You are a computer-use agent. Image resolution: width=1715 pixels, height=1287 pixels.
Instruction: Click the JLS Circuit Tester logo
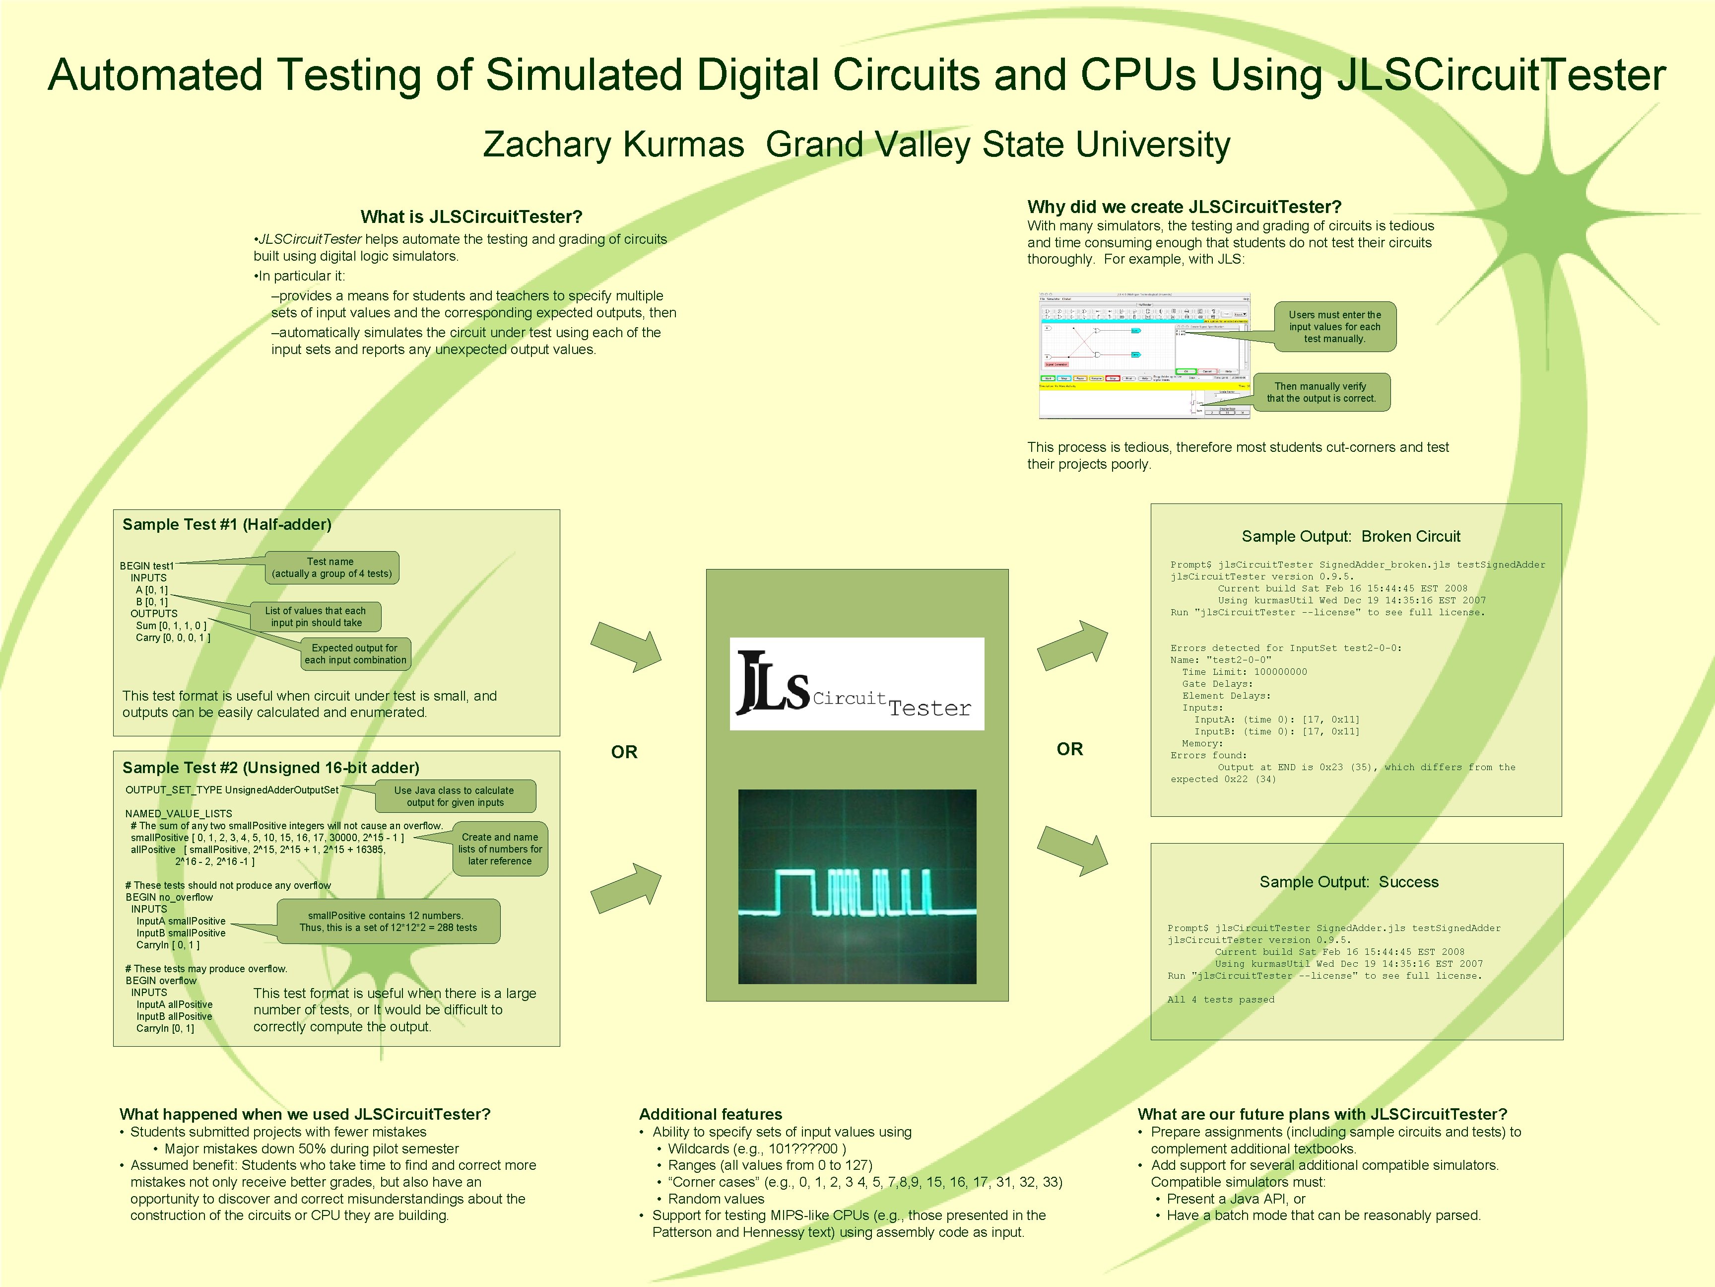[857, 683]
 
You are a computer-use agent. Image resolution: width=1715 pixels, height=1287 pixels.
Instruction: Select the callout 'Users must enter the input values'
[1335, 327]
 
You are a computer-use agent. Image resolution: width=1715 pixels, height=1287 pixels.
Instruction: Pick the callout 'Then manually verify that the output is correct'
[1321, 393]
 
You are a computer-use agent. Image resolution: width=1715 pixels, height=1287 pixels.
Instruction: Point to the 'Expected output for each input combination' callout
[355, 654]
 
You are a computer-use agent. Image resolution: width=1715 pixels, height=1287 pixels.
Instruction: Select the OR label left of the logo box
[624, 752]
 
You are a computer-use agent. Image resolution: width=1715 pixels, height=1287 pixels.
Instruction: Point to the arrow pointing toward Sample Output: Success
[1072, 851]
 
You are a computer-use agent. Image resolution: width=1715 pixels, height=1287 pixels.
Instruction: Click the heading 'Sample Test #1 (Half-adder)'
[226, 524]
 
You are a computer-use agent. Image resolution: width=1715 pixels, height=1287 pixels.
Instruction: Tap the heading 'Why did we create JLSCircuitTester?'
[1184, 207]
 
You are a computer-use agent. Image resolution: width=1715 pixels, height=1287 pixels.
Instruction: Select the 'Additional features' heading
[710, 1114]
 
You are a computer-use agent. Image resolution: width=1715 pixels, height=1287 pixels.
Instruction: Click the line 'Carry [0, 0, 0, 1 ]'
[173, 638]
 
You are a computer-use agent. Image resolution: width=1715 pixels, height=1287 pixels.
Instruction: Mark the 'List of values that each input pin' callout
[316, 617]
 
